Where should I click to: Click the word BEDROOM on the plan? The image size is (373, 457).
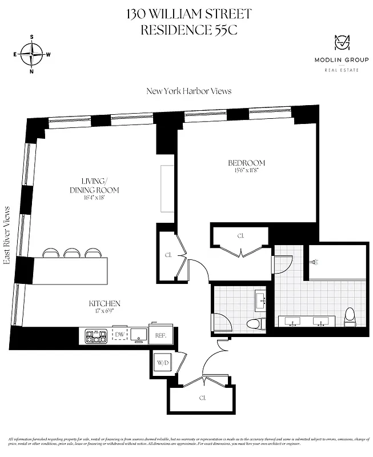246,163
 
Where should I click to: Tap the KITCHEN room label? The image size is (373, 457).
104,303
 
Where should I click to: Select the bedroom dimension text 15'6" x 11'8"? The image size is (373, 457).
246,171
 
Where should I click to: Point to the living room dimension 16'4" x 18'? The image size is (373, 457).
94,198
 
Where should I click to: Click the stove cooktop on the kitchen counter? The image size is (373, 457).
96,336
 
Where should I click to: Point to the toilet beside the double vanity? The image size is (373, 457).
350,316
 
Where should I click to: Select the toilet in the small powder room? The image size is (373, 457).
254,324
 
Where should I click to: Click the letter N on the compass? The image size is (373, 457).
32,71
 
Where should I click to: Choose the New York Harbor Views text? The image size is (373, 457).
188,91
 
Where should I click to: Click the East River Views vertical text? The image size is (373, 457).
7,235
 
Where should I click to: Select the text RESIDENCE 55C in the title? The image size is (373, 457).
188,30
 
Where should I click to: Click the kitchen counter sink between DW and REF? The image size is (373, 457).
138,334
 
